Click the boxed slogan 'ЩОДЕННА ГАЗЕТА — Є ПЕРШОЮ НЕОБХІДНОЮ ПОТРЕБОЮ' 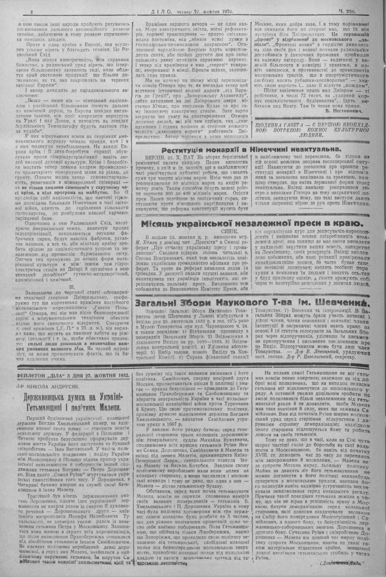click(x=315, y=130)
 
